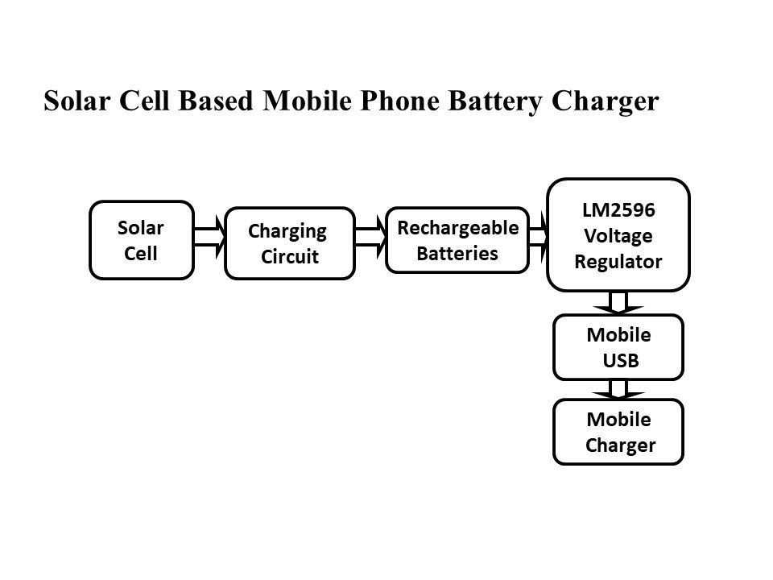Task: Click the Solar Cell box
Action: click(142, 240)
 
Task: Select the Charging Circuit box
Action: click(289, 244)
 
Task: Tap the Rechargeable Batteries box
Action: click(457, 240)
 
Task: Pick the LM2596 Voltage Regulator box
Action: click(618, 235)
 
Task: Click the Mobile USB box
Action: click(618, 347)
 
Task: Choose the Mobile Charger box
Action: click(618, 433)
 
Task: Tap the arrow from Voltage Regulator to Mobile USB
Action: click(618, 302)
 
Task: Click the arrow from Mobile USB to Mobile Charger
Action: click(618, 389)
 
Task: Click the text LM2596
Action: click(618, 210)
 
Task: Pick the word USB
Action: click(622, 360)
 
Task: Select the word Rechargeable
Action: click(458, 228)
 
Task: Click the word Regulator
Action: click(618, 262)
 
